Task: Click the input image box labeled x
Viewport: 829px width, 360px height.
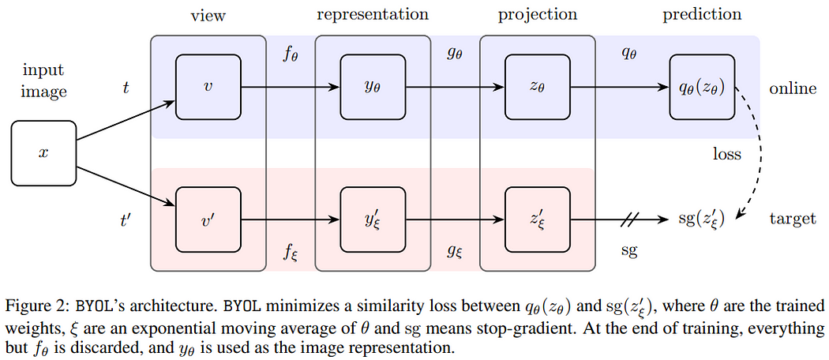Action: tap(44, 153)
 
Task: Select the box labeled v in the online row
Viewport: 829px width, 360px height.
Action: tap(208, 87)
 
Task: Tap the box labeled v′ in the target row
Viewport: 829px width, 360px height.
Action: tap(208, 219)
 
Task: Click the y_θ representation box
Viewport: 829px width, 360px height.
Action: tap(373, 87)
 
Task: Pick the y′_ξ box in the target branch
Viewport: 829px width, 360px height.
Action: tap(373, 219)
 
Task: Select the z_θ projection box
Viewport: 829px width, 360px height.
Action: tap(538, 87)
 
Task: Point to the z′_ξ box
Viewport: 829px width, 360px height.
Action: tap(538, 219)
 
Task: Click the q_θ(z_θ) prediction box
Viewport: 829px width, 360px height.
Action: tap(703, 87)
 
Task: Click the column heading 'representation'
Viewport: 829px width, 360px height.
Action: tap(372, 15)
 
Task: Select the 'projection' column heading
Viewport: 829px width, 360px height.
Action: tap(537, 15)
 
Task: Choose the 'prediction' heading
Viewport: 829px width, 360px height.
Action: tap(702, 15)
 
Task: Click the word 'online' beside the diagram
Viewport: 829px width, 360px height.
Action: tap(793, 88)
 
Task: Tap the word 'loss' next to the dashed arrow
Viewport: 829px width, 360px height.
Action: tap(727, 154)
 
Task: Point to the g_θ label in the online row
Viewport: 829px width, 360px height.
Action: tap(455, 55)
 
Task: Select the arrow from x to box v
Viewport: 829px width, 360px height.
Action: tap(126, 121)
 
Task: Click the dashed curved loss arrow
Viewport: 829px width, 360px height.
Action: tap(757, 153)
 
